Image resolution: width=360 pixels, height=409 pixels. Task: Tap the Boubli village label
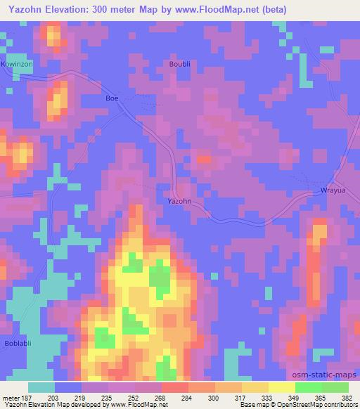pos(180,64)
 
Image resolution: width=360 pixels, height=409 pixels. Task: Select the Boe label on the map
pos(112,98)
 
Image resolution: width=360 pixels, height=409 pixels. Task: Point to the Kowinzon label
pos(18,64)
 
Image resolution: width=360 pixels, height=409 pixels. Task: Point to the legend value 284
pos(188,398)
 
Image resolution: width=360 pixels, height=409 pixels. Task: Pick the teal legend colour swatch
pos(41,387)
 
